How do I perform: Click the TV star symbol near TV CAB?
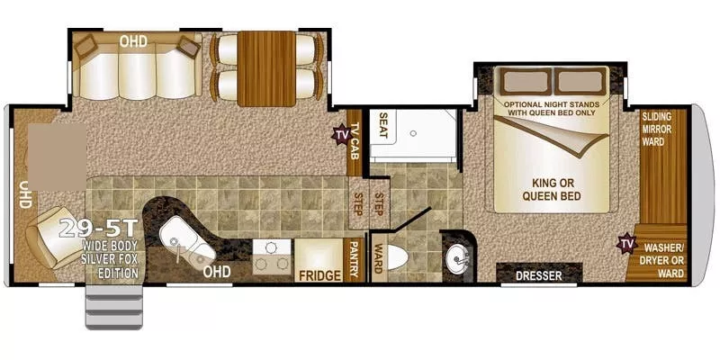pos(342,136)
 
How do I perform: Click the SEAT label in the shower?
pos(382,127)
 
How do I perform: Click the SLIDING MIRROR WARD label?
pos(663,129)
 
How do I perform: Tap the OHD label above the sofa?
pos(134,40)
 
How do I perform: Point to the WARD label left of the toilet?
pos(378,260)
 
